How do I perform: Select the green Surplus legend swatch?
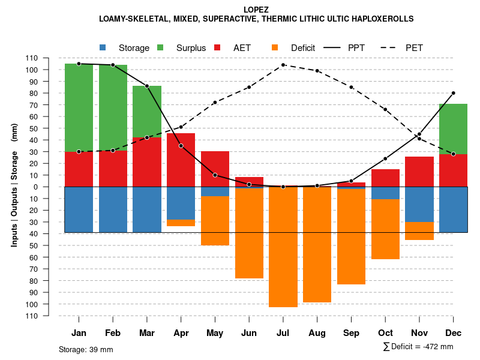click(x=160, y=47)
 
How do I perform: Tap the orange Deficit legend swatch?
click(x=275, y=47)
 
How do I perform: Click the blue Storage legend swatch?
click(x=103, y=47)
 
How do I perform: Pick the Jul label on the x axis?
click(x=283, y=333)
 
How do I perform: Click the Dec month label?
click(x=453, y=333)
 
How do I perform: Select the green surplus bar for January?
click(x=79, y=108)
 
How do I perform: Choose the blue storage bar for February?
click(x=113, y=209)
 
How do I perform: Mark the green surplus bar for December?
click(x=453, y=129)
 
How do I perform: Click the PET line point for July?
click(x=283, y=65)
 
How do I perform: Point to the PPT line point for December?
click(x=453, y=93)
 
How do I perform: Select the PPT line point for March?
click(x=147, y=86)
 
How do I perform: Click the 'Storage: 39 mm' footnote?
click(x=86, y=349)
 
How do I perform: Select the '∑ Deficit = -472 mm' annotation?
click(x=418, y=347)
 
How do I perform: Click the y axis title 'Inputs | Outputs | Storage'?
click(x=14, y=187)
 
